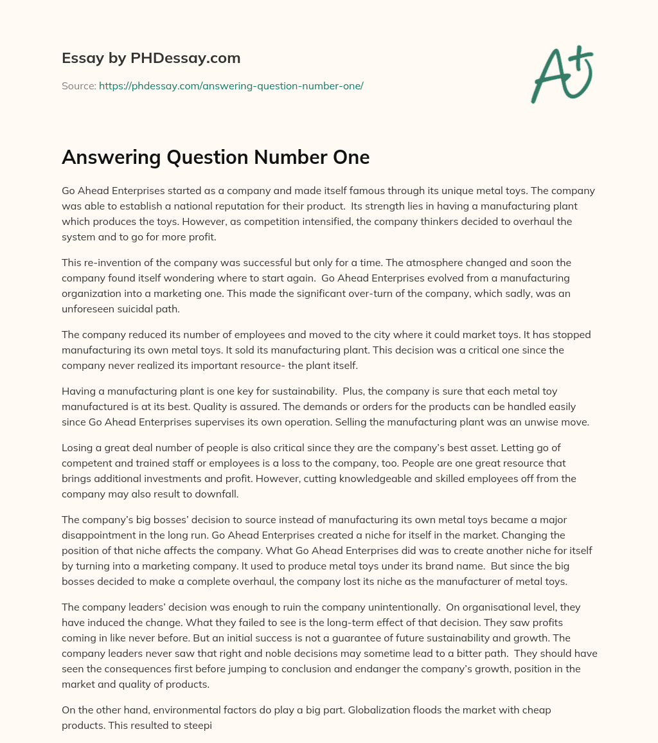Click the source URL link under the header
(231, 85)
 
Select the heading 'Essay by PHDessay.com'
(151, 58)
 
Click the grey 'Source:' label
(78, 85)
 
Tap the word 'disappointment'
(99, 536)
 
